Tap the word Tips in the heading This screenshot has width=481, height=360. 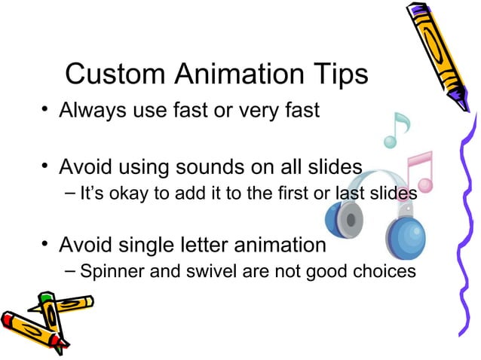[x=336, y=75]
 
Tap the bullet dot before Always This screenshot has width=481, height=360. [x=46, y=111]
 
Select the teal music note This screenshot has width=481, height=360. [x=395, y=130]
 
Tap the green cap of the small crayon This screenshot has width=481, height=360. [x=47, y=300]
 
